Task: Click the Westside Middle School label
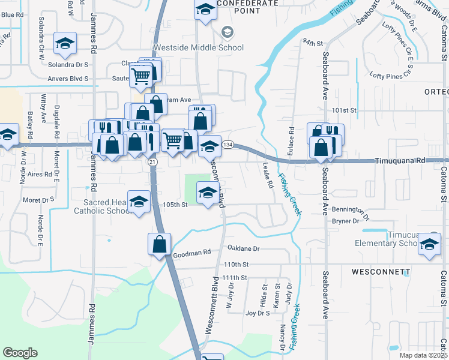tap(199, 47)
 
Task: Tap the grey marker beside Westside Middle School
tap(227, 32)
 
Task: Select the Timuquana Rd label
tap(400, 161)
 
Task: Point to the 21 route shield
tap(152, 162)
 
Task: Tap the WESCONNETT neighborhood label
tap(381, 272)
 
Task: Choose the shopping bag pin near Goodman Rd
tap(159, 244)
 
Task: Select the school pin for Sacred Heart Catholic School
tap(139, 202)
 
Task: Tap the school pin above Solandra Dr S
tap(65, 43)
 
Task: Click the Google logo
tap(20, 353)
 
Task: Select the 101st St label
tap(345, 110)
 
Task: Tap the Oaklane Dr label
tap(243, 248)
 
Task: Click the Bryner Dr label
tap(345, 221)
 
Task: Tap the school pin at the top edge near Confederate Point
tap(205, 10)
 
